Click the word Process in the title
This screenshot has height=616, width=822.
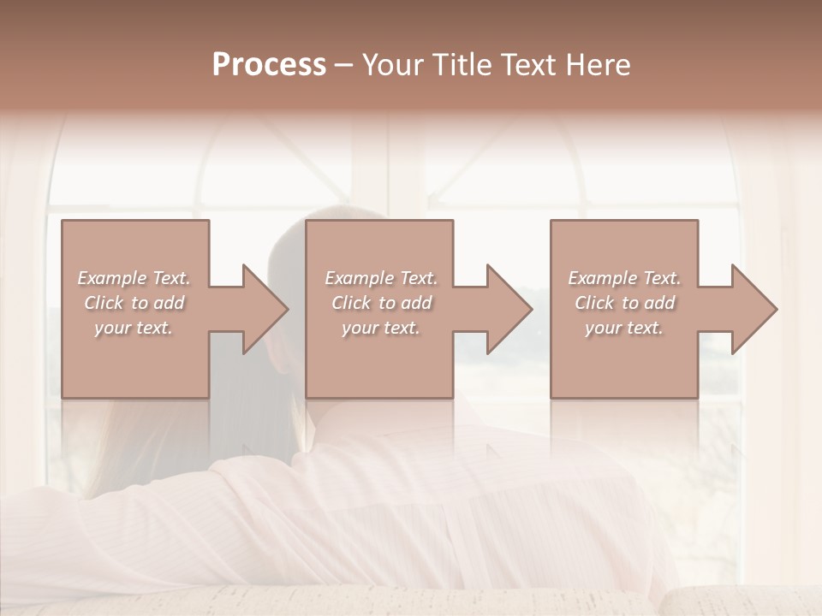coord(269,65)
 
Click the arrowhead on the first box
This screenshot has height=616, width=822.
coord(260,309)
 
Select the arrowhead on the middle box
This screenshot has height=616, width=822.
coord(505,309)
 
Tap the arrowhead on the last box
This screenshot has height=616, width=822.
coord(750,309)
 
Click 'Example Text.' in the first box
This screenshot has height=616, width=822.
coord(134,278)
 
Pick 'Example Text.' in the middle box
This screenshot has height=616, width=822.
coord(381,278)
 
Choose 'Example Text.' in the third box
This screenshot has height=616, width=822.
coord(624,278)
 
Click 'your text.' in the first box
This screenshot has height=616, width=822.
coord(134,328)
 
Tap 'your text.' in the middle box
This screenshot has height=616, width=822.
coord(380,328)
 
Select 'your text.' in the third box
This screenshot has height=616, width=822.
coord(623,328)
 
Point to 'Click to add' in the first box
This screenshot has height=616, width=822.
coord(134,303)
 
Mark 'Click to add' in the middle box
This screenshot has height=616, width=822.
coord(381,303)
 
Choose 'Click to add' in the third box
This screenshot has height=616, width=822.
coord(624,303)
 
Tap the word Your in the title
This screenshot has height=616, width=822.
coord(390,65)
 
